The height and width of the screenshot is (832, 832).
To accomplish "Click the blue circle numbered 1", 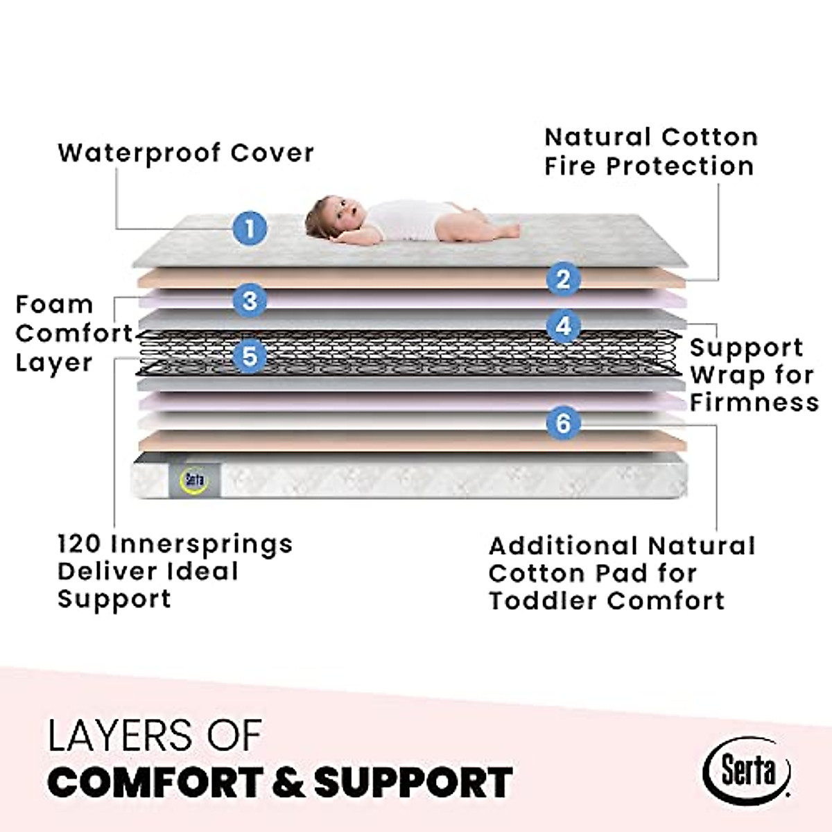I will [x=250, y=227].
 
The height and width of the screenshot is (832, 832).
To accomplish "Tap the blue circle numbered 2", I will [x=563, y=279].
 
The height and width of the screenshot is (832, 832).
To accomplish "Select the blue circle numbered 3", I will [x=250, y=300].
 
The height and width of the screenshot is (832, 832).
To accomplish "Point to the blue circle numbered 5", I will [x=250, y=356].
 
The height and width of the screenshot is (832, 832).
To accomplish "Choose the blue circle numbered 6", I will [x=563, y=422].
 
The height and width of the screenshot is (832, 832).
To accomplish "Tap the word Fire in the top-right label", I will [x=569, y=166].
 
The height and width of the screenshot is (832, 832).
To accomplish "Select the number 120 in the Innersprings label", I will [x=80, y=544].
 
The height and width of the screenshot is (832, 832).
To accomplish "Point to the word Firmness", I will [x=754, y=402].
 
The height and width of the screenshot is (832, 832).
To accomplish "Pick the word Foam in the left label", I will [x=54, y=304].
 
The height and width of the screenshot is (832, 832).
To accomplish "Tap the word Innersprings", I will [x=202, y=544].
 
